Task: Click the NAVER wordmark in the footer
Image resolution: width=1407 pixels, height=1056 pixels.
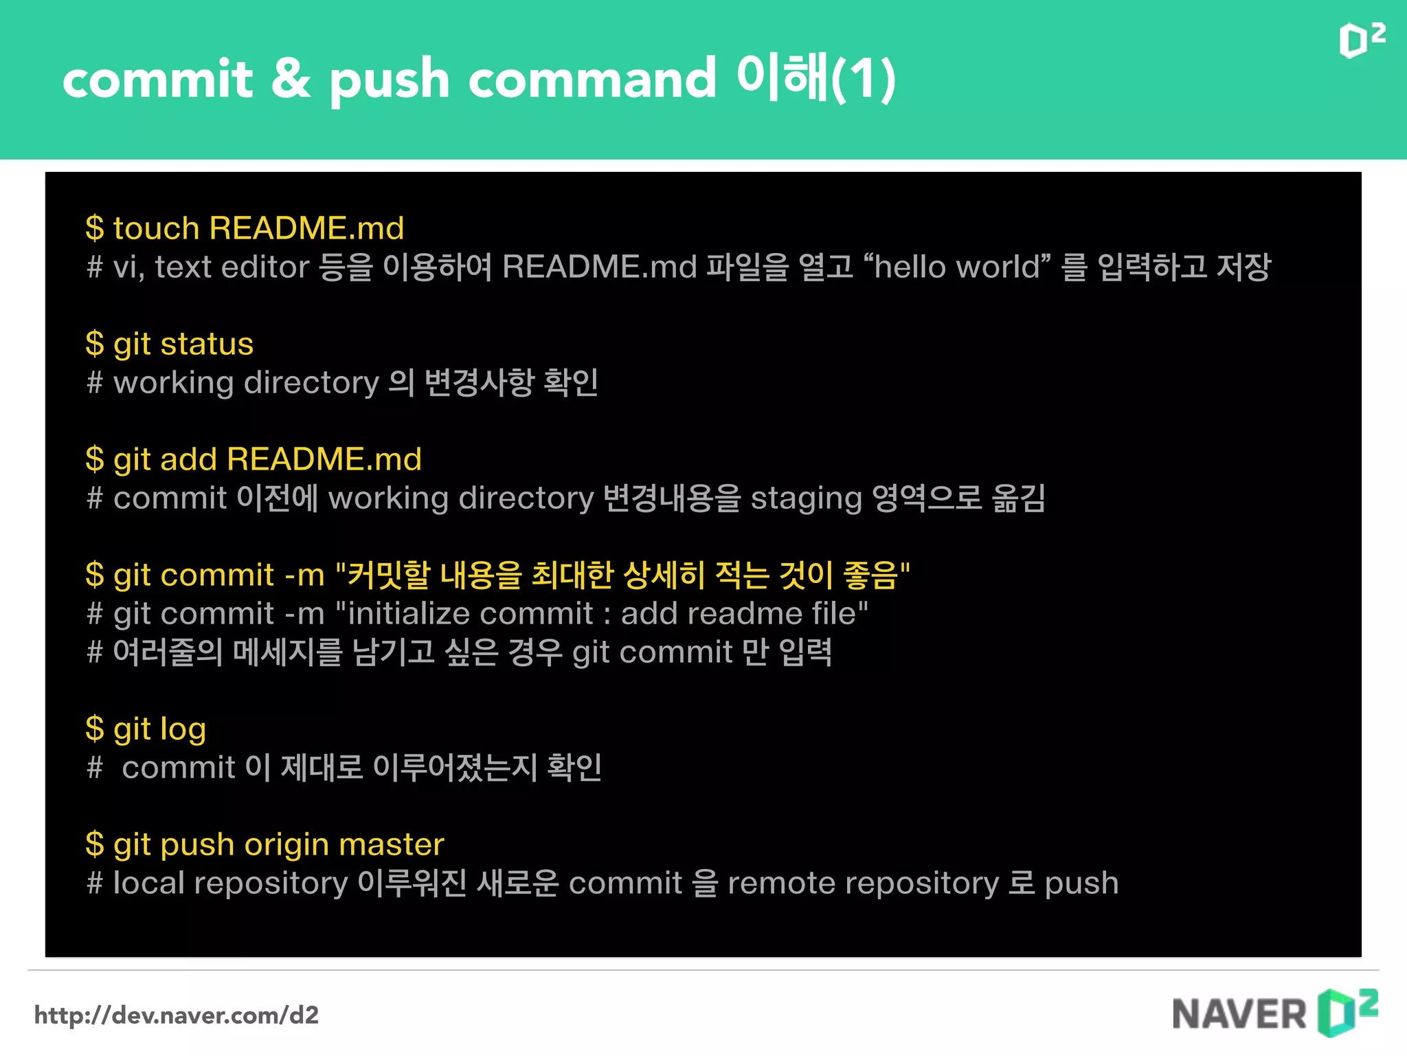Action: tap(1239, 1015)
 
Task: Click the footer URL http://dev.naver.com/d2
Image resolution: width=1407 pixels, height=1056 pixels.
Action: tap(177, 1015)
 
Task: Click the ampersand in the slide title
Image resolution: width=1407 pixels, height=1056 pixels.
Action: tap(291, 78)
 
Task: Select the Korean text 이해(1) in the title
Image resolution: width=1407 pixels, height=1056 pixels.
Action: tap(816, 78)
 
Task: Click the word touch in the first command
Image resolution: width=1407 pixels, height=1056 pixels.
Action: tap(156, 228)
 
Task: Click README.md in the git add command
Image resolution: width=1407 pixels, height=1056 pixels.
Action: tap(324, 459)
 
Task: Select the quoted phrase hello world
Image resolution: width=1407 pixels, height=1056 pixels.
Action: tap(957, 267)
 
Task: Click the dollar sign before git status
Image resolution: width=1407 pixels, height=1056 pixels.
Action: tap(95, 344)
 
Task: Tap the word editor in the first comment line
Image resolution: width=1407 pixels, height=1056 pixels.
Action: tap(265, 267)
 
